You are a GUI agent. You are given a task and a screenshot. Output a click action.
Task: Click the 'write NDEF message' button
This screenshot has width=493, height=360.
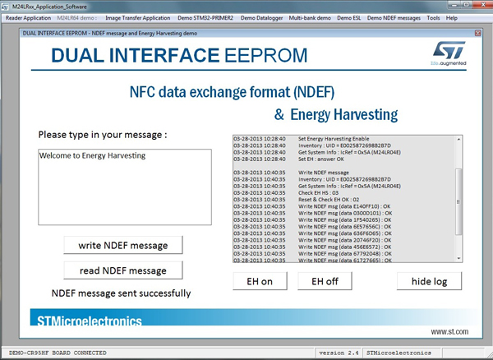coord(122,245)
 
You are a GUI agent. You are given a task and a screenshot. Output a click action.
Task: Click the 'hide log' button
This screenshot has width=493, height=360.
coord(428,281)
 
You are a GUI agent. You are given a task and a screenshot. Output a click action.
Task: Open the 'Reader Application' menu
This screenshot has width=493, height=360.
coord(28,18)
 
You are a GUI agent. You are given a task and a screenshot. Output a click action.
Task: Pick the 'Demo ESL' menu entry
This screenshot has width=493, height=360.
coord(354,18)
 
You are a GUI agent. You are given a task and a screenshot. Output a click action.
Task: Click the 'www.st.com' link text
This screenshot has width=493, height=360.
coord(449,332)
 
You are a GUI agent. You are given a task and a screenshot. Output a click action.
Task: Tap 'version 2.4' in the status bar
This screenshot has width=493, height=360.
coord(339,353)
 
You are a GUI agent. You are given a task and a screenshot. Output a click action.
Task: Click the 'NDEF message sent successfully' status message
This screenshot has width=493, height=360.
coord(121,293)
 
